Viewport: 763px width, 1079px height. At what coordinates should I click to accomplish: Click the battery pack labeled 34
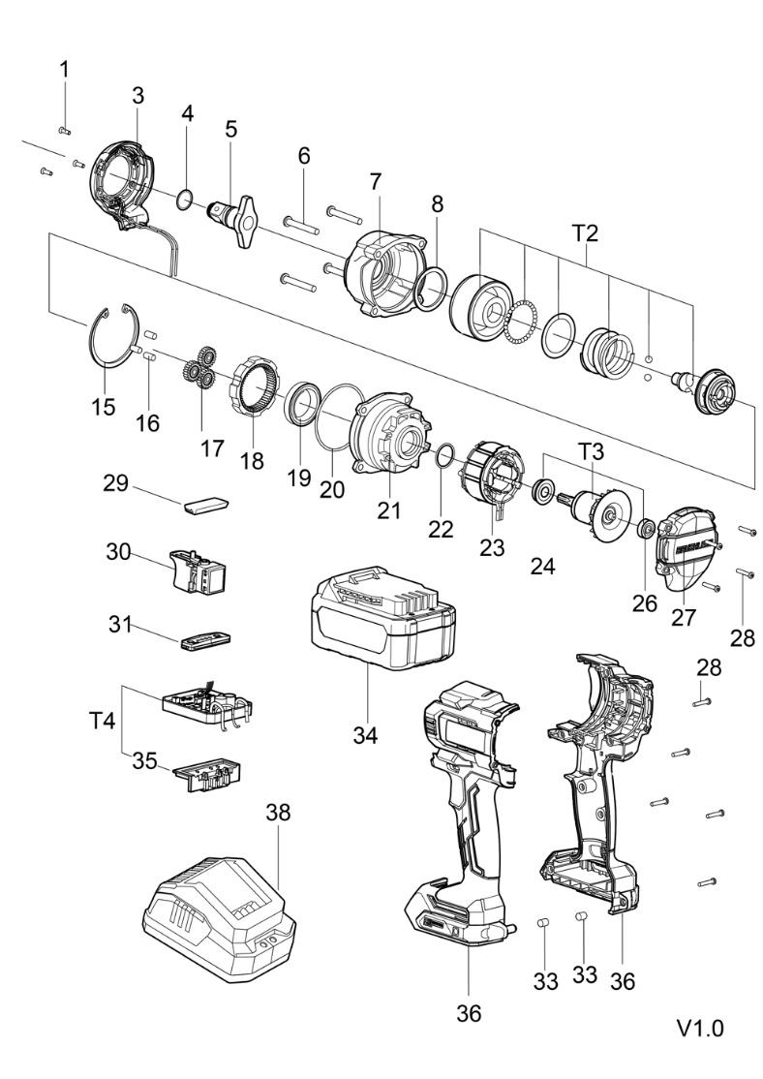(382, 619)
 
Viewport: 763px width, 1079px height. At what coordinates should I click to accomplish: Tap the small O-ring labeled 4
(184, 200)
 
